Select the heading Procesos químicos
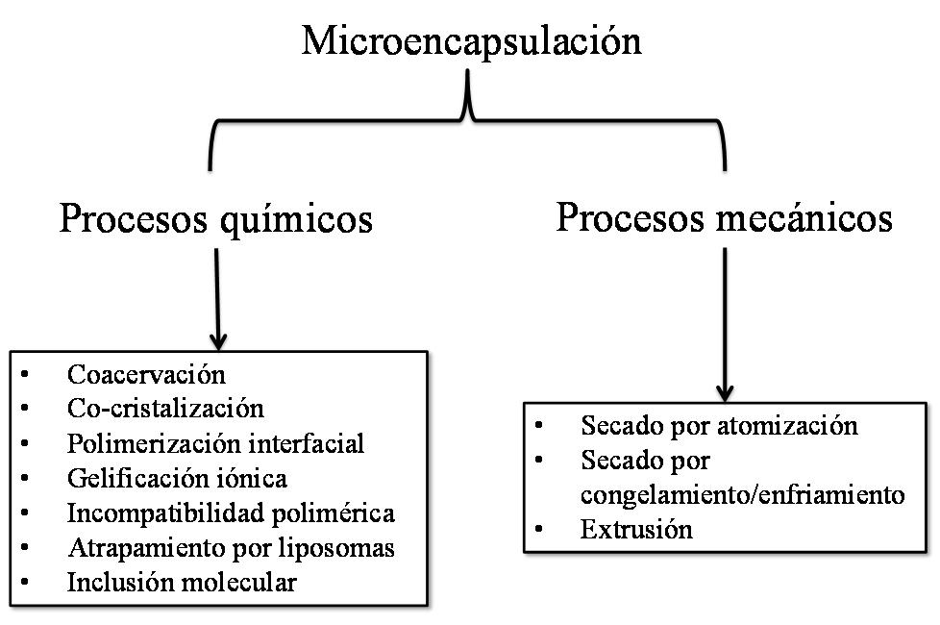215,219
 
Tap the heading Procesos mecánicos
724,217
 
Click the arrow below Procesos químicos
218,298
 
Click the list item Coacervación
146,373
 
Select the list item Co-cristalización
165,408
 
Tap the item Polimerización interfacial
216,443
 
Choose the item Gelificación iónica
177,478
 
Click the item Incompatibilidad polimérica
231,512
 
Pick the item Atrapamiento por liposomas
232,547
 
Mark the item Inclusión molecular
182,582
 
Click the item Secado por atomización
719,425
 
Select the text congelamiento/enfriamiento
742,495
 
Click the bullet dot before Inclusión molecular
24,583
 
